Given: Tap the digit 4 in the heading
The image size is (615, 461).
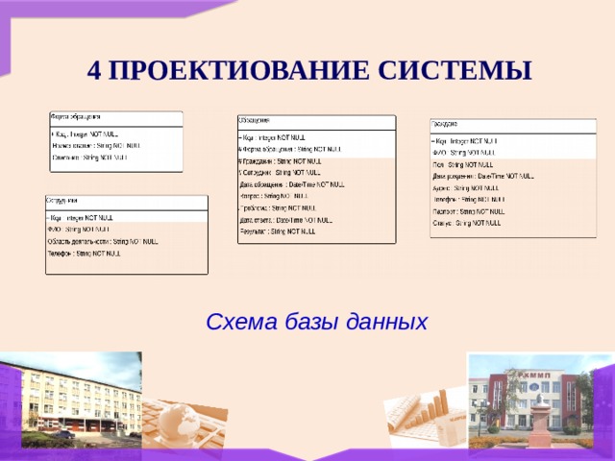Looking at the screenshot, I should pyautogui.click(x=93, y=70).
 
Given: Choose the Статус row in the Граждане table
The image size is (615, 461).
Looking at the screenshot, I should pyautogui.click(x=466, y=223).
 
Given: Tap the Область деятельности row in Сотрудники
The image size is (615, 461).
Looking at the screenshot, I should pyautogui.click(x=102, y=242).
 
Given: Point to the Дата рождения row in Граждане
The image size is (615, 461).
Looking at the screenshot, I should pyautogui.click(x=481, y=177).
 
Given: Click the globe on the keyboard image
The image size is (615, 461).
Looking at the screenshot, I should pyautogui.click(x=177, y=419).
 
